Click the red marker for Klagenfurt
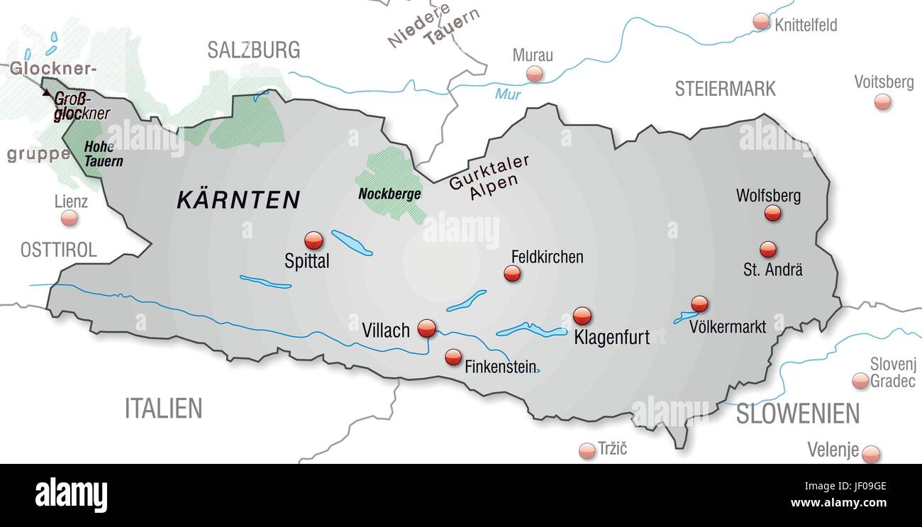click(x=582, y=316)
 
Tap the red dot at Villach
click(x=426, y=328)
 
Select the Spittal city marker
click(x=313, y=240)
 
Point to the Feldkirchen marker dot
click(x=512, y=274)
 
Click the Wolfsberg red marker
click(x=772, y=213)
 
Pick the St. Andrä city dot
click(x=767, y=250)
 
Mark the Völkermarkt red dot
click(x=699, y=304)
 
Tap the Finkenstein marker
click(x=453, y=357)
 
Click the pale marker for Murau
click(x=535, y=74)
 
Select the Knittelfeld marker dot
click(x=761, y=21)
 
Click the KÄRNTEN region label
click(x=238, y=200)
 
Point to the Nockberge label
click(x=389, y=194)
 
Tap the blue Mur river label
click(x=508, y=94)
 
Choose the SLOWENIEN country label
click(x=797, y=414)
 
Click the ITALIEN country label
click(x=163, y=409)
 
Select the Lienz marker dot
click(x=69, y=218)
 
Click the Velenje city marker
click(x=870, y=454)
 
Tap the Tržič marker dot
click(x=587, y=450)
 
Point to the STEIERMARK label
click(x=725, y=89)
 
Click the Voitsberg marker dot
click(x=882, y=102)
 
